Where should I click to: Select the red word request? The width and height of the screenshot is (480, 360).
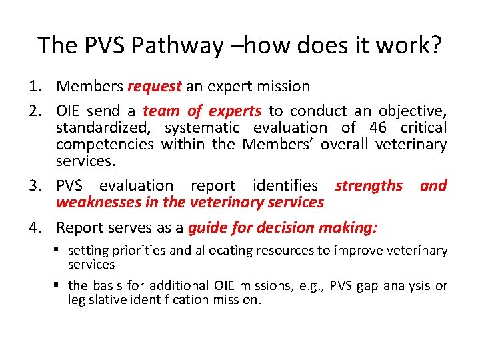click(x=154, y=86)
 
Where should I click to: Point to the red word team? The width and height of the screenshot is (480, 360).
click(x=161, y=111)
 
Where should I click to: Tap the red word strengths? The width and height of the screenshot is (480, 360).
click(x=369, y=185)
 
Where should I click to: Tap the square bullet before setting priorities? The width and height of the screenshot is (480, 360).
click(x=59, y=251)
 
